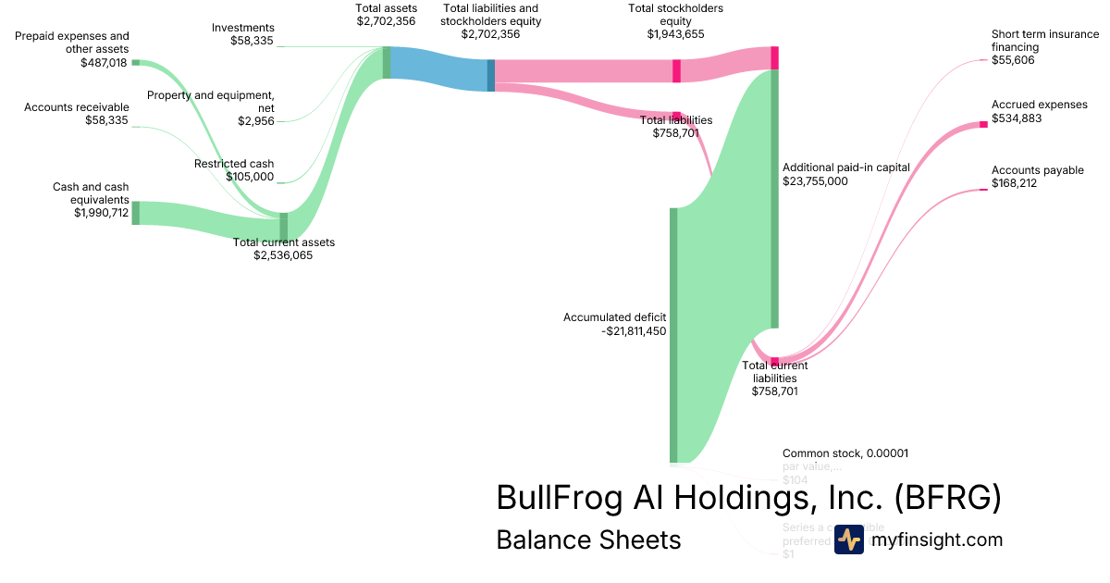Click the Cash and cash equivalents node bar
click(x=135, y=213)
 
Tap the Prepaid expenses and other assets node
click(x=135, y=62)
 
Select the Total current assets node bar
click(x=284, y=226)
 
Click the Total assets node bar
click(x=387, y=62)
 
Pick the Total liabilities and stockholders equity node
click(x=491, y=75)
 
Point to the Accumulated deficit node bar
click(x=673, y=334)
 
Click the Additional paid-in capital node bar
click(x=775, y=198)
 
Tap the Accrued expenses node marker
click(x=984, y=124)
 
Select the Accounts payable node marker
click(x=984, y=190)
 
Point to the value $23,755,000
click(x=815, y=181)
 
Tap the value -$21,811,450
click(x=634, y=330)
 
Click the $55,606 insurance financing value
click(x=1013, y=60)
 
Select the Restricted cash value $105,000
click(x=250, y=177)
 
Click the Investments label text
click(x=242, y=28)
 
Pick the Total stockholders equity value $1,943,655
click(x=675, y=33)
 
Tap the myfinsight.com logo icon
click(x=848, y=540)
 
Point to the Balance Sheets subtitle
click(x=588, y=540)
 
